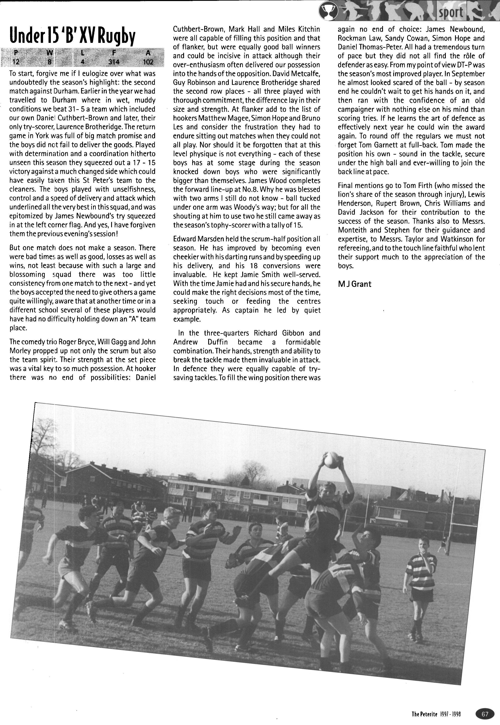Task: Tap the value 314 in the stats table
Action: (x=114, y=62)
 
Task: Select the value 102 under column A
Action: (x=148, y=62)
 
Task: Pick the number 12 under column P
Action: (x=15, y=62)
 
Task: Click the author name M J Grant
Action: (x=355, y=284)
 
